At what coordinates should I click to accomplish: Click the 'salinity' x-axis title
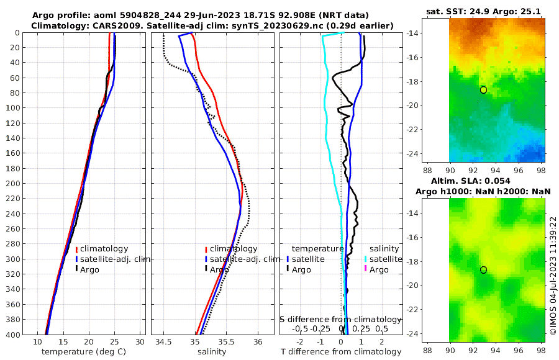tap(212, 352)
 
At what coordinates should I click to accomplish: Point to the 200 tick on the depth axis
tap(13, 184)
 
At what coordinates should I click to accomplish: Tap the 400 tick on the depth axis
tap(13, 334)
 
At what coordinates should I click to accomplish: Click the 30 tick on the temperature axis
tap(140, 342)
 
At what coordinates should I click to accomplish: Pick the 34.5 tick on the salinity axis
tap(163, 342)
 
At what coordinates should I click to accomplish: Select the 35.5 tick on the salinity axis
tap(227, 342)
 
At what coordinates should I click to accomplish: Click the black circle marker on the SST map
tap(483, 90)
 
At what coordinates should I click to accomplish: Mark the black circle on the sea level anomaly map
tap(483, 270)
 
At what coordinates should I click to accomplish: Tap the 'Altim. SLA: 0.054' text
tap(483, 180)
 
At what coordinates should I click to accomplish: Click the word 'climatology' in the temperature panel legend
tap(104, 249)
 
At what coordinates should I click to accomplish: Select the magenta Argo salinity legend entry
tap(379, 269)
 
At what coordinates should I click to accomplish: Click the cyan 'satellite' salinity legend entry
tap(386, 259)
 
